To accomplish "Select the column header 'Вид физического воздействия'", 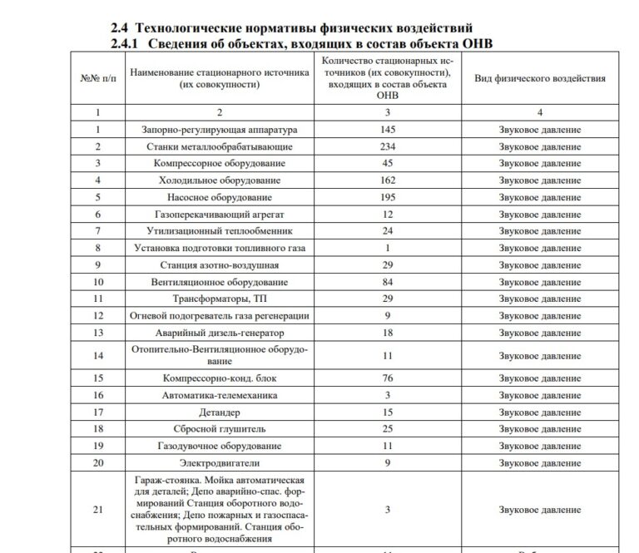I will coord(539,78).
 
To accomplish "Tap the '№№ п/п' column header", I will coord(97,78).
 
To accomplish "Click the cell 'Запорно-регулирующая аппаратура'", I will coord(220,130).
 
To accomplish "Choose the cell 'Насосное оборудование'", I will coord(220,197).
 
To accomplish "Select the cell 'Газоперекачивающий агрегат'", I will coord(220,215).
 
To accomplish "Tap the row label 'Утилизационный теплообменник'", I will coord(220,231).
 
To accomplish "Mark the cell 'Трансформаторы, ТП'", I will coord(220,299).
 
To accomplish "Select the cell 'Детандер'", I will coord(220,412).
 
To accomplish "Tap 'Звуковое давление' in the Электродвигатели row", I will coord(539,463).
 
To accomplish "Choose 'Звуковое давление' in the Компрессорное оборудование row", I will coord(539,164).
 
